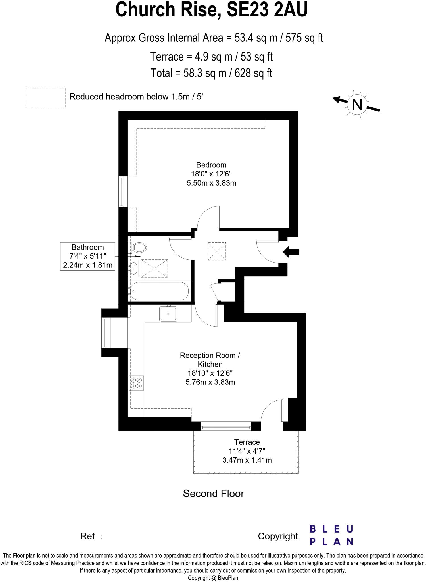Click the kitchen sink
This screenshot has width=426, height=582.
(x=168, y=314)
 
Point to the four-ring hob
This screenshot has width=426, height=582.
(x=137, y=383)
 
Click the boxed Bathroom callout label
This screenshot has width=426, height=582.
(x=88, y=256)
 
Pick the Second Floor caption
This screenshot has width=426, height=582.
(x=214, y=493)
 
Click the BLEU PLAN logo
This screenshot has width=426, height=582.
(x=331, y=535)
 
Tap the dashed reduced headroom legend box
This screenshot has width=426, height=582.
(x=46, y=97)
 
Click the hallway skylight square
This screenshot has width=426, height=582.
(x=217, y=251)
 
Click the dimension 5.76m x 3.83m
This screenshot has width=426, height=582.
(x=210, y=382)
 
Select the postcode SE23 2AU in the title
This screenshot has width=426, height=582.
(x=267, y=10)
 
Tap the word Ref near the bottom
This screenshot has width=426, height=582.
(x=87, y=536)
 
